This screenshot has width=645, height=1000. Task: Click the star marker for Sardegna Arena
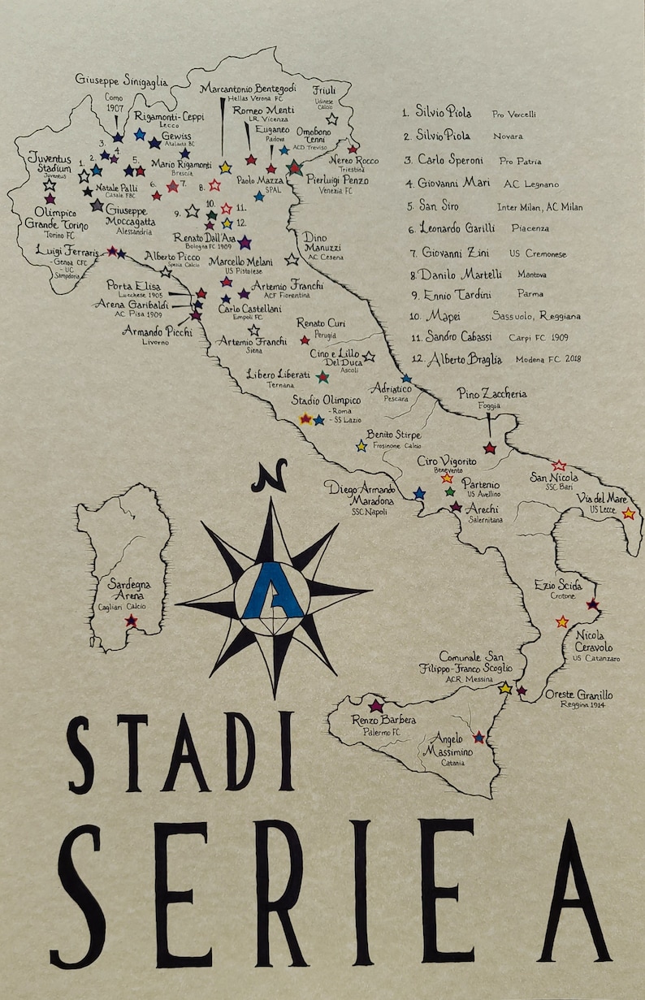pos(131,621)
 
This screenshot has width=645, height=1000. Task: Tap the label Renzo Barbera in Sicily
pos(383,720)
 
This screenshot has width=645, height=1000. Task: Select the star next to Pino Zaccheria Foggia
pos(489,448)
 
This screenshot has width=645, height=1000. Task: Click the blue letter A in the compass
pos(273,590)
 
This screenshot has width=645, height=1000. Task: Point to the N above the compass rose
pos(269,476)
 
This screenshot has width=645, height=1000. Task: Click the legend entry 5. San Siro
pos(439,206)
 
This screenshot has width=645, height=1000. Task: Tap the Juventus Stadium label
pos(50,162)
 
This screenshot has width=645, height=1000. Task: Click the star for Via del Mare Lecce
pos(628,513)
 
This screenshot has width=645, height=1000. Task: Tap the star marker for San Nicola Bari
pos(559,465)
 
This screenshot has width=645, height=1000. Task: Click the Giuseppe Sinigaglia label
pos(122,80)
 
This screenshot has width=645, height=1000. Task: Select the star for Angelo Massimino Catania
pos(479,738)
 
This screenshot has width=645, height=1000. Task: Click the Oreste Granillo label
pos(578,695)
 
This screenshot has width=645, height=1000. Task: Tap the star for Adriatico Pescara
pos(406,379)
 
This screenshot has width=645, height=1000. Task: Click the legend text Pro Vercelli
pos(513,115)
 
